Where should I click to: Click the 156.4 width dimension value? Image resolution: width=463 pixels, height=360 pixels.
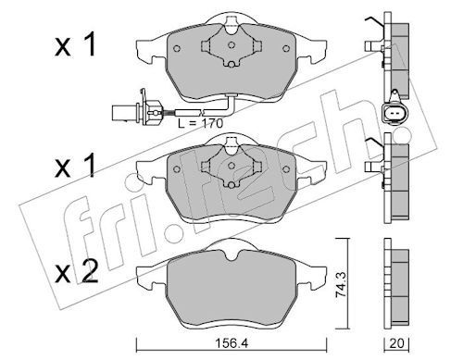231,343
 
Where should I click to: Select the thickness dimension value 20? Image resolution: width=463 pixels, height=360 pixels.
396,343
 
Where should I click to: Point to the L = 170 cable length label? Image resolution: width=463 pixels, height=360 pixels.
201,123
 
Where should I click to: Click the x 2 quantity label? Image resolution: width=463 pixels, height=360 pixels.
76,271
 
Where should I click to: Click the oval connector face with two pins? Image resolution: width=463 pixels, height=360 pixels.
394,114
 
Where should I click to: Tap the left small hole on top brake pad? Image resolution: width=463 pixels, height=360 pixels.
177,49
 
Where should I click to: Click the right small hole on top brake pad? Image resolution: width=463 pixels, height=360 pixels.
286,48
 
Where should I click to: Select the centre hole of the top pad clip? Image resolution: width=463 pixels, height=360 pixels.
231,45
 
